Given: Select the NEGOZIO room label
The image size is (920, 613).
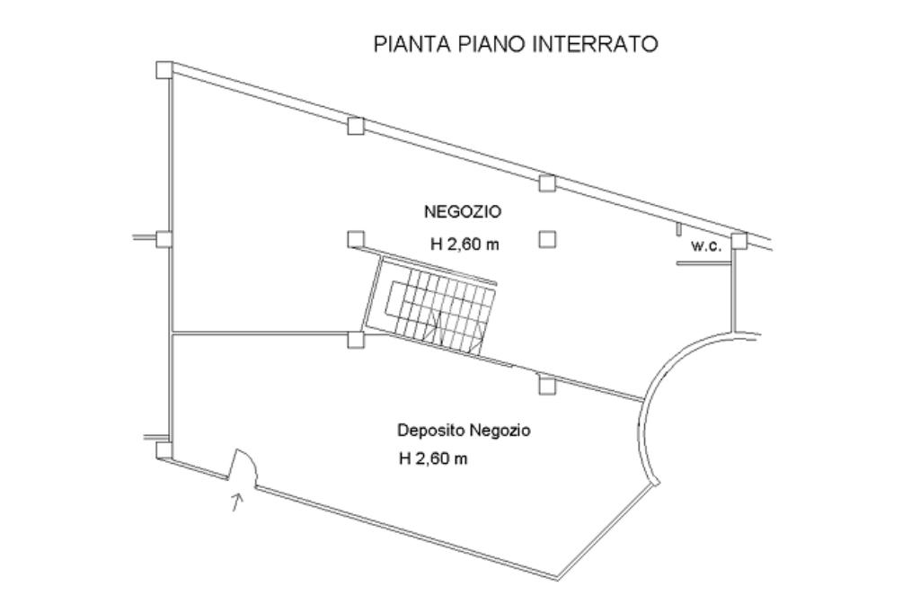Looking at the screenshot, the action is click(x=463, y=212).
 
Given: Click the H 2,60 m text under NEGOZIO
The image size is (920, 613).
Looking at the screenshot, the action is click(x=464, y=244).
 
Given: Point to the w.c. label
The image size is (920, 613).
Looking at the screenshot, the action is click(x=705, y=245).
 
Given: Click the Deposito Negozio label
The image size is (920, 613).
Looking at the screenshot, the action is click(x=464, y=431).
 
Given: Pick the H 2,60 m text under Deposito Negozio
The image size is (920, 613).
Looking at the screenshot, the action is click(x=433, y=459).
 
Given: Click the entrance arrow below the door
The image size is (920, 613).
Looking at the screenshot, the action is click(x=237, y=502).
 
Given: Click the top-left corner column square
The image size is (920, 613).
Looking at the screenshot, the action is click(x=164, y=69).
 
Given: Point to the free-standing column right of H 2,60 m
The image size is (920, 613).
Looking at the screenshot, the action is click(x=547, y=239).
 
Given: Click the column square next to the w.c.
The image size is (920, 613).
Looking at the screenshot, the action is click(x=739, y=240).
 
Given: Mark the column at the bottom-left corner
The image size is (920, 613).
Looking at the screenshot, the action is click(x=164, y=449).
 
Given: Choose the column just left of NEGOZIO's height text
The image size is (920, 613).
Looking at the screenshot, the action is click(x=356, y=239).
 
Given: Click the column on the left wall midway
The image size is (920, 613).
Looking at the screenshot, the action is click(x=164, y=238).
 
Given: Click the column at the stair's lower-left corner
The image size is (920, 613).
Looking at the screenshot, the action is click(x=356, y=340).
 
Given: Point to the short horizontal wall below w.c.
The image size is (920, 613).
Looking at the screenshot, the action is click(x=699, y=263).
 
